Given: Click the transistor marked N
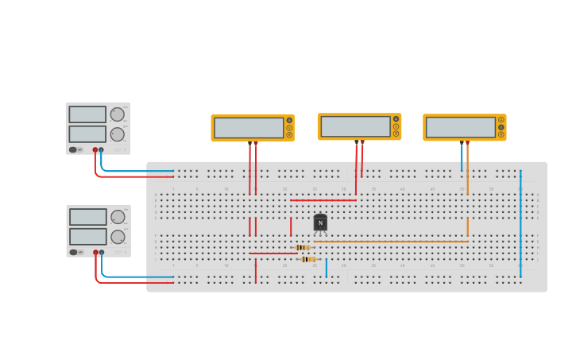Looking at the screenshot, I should (320, 223).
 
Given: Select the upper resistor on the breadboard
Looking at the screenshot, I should (302, 247).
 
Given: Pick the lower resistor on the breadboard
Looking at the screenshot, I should (308, 259).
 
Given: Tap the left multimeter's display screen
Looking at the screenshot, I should (249, 128).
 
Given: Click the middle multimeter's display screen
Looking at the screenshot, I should (355, 126).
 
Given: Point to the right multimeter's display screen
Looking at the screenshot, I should (461, 127).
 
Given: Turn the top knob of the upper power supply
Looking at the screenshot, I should (118, 114).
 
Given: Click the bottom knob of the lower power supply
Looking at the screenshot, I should (118, 237).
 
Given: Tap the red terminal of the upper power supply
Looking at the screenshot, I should (95, 149).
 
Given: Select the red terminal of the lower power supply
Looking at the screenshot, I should (95, 252).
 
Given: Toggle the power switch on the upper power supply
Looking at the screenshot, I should (73, 149).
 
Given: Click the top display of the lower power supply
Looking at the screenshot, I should (87, 217).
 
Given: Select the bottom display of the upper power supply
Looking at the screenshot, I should (87, 134).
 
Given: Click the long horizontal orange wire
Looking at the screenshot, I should (389, 242).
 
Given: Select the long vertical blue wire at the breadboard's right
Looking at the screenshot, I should (520, 223).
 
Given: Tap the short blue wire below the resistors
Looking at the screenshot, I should (326, 268).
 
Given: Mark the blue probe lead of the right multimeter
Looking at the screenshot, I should (462, 157).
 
